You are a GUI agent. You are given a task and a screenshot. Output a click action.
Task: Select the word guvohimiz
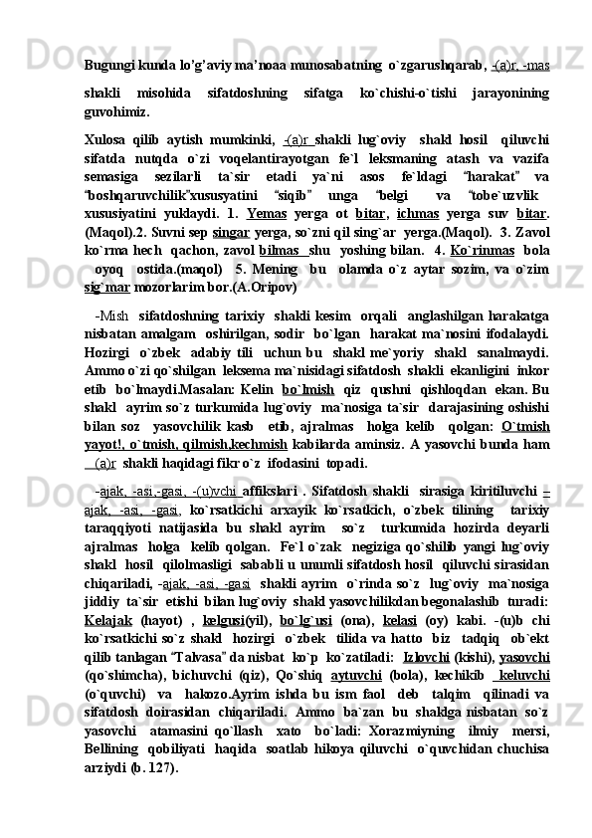(x=118, y=114)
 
